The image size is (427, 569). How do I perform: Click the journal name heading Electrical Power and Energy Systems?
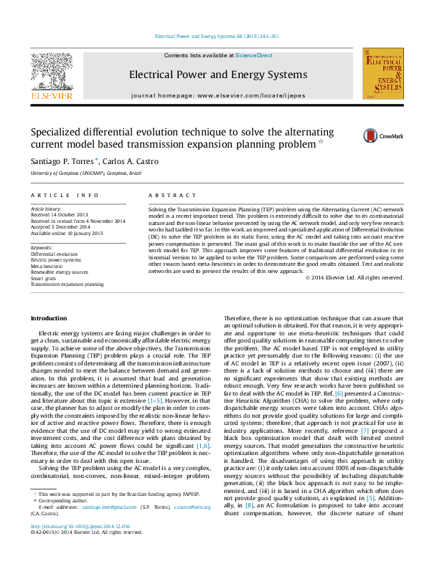[x=207, y=75]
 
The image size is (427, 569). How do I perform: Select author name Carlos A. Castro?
[x=133, y=161]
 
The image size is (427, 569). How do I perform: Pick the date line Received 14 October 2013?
[x=65, y=214]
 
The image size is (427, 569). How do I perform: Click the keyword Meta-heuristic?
[x=51, y=265]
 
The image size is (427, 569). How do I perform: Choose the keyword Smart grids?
[x=46, y=278]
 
